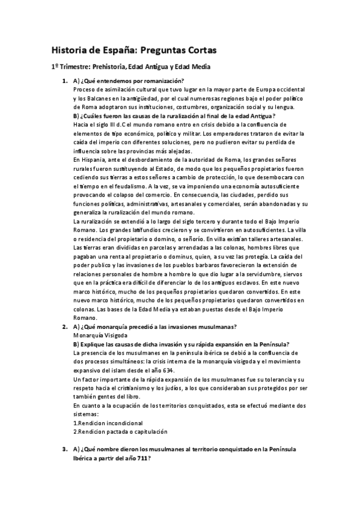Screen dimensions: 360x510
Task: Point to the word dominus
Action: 159,255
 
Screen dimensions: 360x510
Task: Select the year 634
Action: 204,370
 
